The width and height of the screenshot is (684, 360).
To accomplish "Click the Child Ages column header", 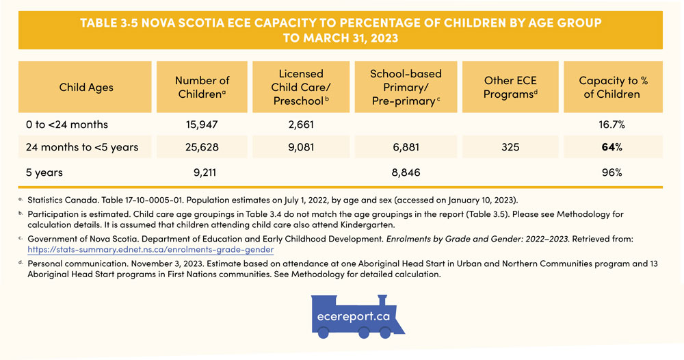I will [x=85, y=87].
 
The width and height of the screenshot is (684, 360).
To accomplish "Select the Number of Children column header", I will [x=202, y=87].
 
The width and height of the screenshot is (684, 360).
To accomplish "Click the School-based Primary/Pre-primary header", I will [x=406, y=87].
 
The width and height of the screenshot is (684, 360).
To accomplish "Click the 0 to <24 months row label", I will [x=67, y=125].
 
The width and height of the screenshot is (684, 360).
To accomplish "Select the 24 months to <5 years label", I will [x=82, y=147].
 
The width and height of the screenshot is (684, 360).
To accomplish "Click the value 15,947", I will [x=202, y=125].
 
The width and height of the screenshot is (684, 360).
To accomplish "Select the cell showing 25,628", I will [x=202, y=147].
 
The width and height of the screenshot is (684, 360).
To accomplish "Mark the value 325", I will [x=510, y=147].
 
